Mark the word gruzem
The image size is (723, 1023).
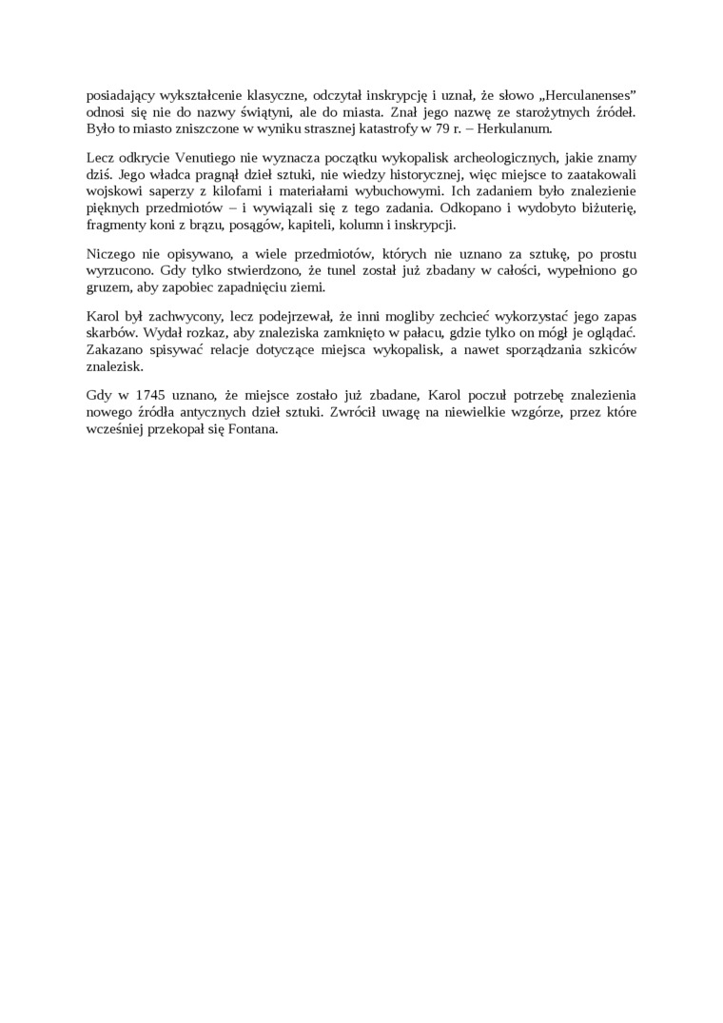click(x=106, y=287)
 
